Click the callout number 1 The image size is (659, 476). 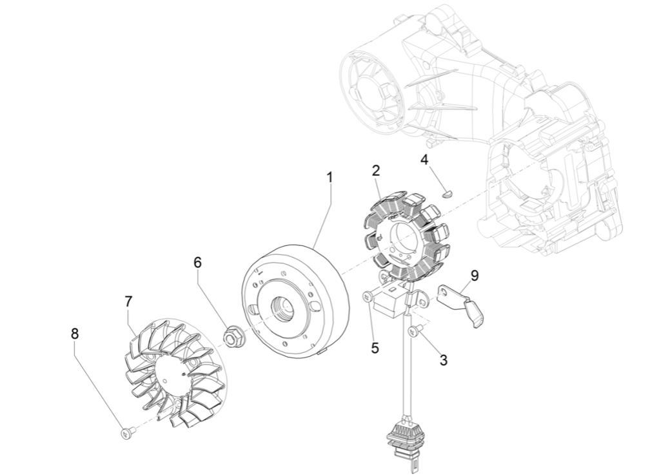pyautogui.click(x=329, y=177)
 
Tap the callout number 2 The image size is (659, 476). pyautogui.click(x=376, y=170)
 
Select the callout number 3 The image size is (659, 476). pyautogui.click(x=443, y=360)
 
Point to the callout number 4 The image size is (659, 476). pyautogui.click(x=424, y=159)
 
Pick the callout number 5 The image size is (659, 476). pyautogui.click(x=375, y=348)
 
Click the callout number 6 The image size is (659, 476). pyautogui.click(x=197, y=262)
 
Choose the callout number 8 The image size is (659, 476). pyautogui.click(x=75, y=333)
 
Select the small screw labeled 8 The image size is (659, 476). pyautogui.click(x=126, y=433)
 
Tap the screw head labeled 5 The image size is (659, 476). pyautogui.click(x=367, y=296)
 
